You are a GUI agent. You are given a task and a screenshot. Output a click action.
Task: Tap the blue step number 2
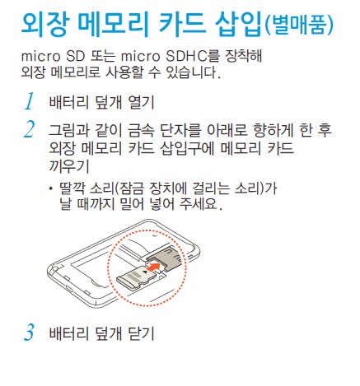[x=29, y=129]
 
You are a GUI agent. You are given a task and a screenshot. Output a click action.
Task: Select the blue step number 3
[x=29, y=334]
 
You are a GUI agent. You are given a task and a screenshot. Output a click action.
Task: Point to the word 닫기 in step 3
[x=137, y=335]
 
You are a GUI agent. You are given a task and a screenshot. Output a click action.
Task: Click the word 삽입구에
[x=177, y=148]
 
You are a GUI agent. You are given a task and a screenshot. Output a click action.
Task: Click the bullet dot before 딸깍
[x=52, y=188]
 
